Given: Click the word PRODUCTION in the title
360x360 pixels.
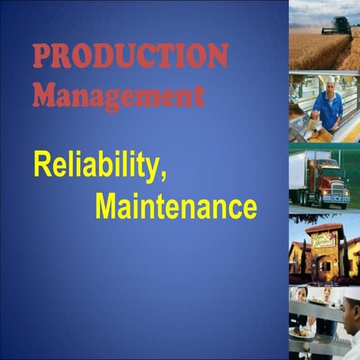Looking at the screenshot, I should [x=130, y=57].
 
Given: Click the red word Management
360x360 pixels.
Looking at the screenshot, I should [x=118, y=95].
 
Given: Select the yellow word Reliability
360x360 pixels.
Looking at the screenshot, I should [x=97, y=166].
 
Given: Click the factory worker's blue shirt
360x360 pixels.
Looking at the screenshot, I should [x=328, y=105].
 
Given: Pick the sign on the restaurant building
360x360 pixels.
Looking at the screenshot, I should [x=325, y=240].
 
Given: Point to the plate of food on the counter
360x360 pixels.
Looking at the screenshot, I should [x=304, y=334].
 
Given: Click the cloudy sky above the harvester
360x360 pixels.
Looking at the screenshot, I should [x=315, y=10].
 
